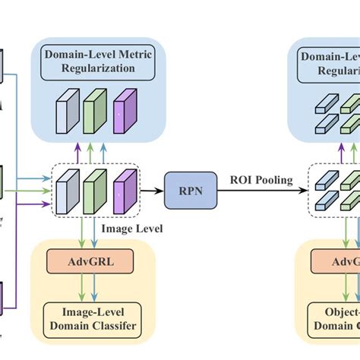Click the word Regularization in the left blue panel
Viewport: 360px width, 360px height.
[94, 68]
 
